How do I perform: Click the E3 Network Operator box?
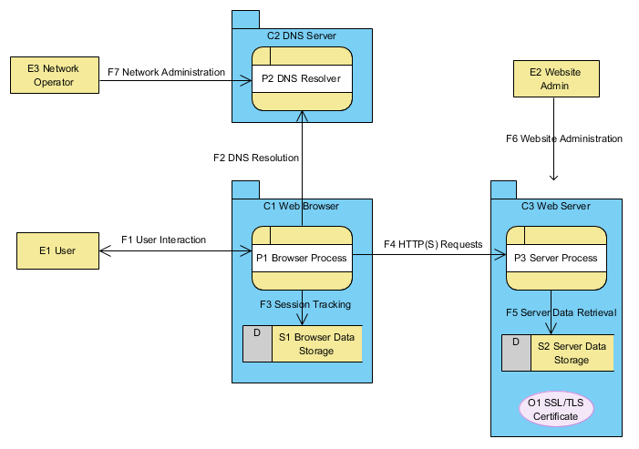55,75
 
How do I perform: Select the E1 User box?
58,250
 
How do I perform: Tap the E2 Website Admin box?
555,78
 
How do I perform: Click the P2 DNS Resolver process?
302,79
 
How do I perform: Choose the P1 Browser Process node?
302,258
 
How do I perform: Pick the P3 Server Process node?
555,258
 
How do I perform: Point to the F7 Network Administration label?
166,72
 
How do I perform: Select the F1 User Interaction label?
163,240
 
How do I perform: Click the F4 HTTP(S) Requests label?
433,244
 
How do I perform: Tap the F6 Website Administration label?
564,139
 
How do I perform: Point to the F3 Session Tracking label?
304,304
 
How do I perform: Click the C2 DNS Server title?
302,36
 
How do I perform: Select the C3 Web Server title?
555,206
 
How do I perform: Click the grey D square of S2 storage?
516,353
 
